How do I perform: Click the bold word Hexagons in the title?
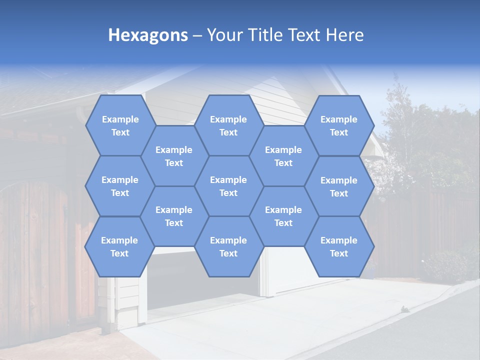(148, 35)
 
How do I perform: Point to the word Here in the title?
(344, 35)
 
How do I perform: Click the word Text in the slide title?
(305, 35)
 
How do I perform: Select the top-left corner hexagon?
(120, 125)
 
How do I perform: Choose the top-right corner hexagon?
(339, 125)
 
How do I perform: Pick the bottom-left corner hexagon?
(119, 246)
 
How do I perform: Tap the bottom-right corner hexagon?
(339, 246)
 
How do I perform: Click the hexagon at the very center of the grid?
(228, 186)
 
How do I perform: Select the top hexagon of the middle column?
(228, 125)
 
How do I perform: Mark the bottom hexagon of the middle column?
(228, 246)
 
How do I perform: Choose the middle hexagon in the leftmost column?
(120, 186)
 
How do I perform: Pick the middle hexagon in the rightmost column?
(339, 186)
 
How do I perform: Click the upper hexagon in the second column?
(174, 156)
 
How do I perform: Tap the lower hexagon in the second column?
(174, 216)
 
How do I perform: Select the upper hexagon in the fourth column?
(283, 156)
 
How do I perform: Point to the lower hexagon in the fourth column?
(283, 216)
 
